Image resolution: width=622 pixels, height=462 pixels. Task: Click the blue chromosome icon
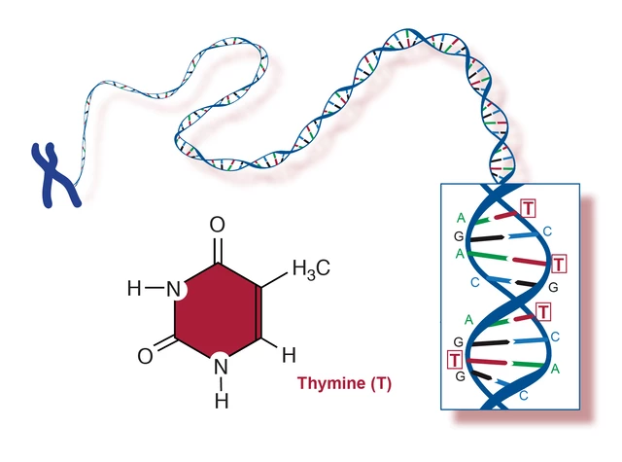coord(55,175)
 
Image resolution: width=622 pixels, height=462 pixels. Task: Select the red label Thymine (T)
coord(344,383)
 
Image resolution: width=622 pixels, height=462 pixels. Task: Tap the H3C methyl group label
coord(311,269)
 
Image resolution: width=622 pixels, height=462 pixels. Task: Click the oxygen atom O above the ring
coord(218,225)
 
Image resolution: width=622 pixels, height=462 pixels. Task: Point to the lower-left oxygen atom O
coord(145,356)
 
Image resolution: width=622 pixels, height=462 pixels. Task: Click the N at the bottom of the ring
coord(221,366)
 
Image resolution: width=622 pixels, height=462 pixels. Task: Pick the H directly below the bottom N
coord(222,401)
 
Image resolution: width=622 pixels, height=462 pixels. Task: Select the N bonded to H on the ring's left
coord(173,289)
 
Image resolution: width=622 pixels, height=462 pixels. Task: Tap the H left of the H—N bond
coord(134,288)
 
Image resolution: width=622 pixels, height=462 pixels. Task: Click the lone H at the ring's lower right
coord(289,355)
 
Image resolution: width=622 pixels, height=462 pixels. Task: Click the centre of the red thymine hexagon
coord(218,309)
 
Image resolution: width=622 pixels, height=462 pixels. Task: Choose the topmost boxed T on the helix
coord(528,208)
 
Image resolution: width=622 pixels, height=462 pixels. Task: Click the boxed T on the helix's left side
coord(455,360)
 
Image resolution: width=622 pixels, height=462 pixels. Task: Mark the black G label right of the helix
coord(553,287)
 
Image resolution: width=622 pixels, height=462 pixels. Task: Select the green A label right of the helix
coord(555,369)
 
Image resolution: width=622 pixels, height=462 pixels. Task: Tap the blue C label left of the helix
coord(475,282)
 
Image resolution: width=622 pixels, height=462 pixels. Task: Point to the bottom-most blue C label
coord(524,395)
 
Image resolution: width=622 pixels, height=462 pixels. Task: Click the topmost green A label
coord(461,218)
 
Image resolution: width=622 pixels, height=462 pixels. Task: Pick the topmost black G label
coord(459,236)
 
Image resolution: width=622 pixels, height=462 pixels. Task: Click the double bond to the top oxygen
coord(218,250)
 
